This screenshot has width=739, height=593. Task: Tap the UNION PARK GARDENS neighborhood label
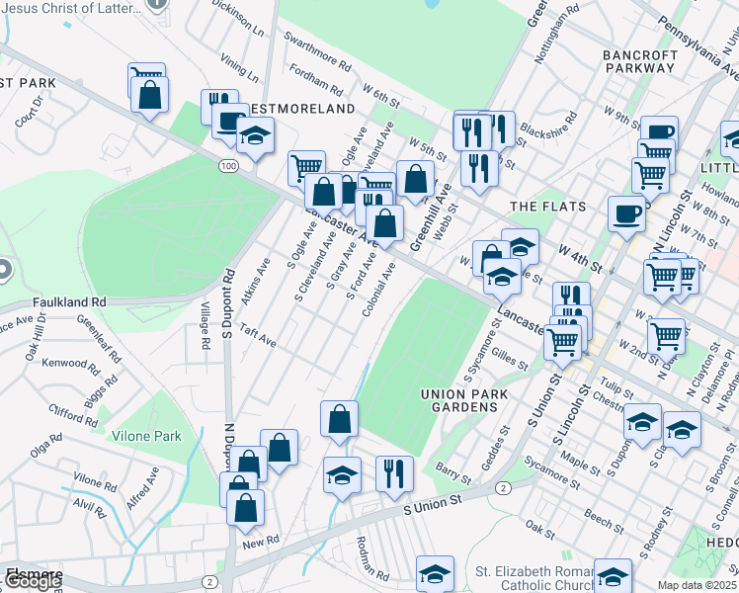[464, 403]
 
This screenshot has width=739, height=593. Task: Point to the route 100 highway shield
[228, 167]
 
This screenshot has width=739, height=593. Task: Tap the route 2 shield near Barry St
[503, 489]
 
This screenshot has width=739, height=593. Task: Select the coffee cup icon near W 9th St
[659, 132]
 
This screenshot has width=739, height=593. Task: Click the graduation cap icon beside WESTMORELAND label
[255, 134]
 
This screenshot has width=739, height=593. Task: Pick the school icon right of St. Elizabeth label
[612, 574]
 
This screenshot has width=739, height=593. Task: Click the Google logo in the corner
[32, 581]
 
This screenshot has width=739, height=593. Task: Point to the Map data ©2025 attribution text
[698, 585]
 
